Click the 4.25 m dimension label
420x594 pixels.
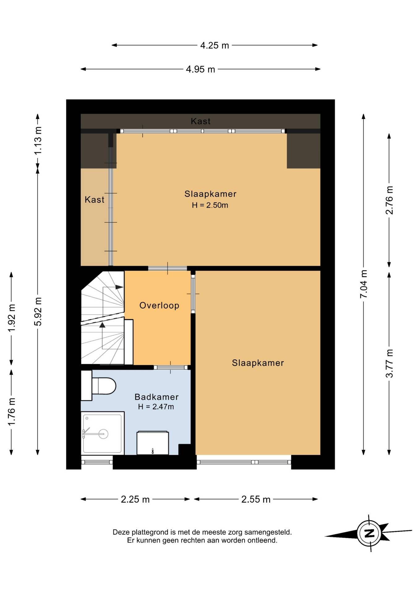click(214, 45)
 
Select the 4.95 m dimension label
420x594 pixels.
click(200, 69)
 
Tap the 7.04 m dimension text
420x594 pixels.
click(363, 284)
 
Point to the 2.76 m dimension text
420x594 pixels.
click(389, 200)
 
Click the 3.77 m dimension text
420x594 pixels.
click(389, 363)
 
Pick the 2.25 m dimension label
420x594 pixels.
click(135, 499)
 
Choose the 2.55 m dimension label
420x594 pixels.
click(256, 499)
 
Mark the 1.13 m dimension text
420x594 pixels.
click(38, 141)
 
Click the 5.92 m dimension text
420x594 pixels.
click(38, 312)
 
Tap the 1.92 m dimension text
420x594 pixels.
click(11, 318)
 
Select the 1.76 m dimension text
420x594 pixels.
click(11, 411)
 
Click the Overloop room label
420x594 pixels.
click(159, 306)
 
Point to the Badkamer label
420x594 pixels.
click(156, 397)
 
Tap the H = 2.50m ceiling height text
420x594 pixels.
click(210, 205)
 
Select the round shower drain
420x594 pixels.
click(103, 434)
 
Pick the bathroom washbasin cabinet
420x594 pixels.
click(153, 443)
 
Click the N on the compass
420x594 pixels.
click(369, 534)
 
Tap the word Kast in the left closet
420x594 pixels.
click(94, 200)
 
